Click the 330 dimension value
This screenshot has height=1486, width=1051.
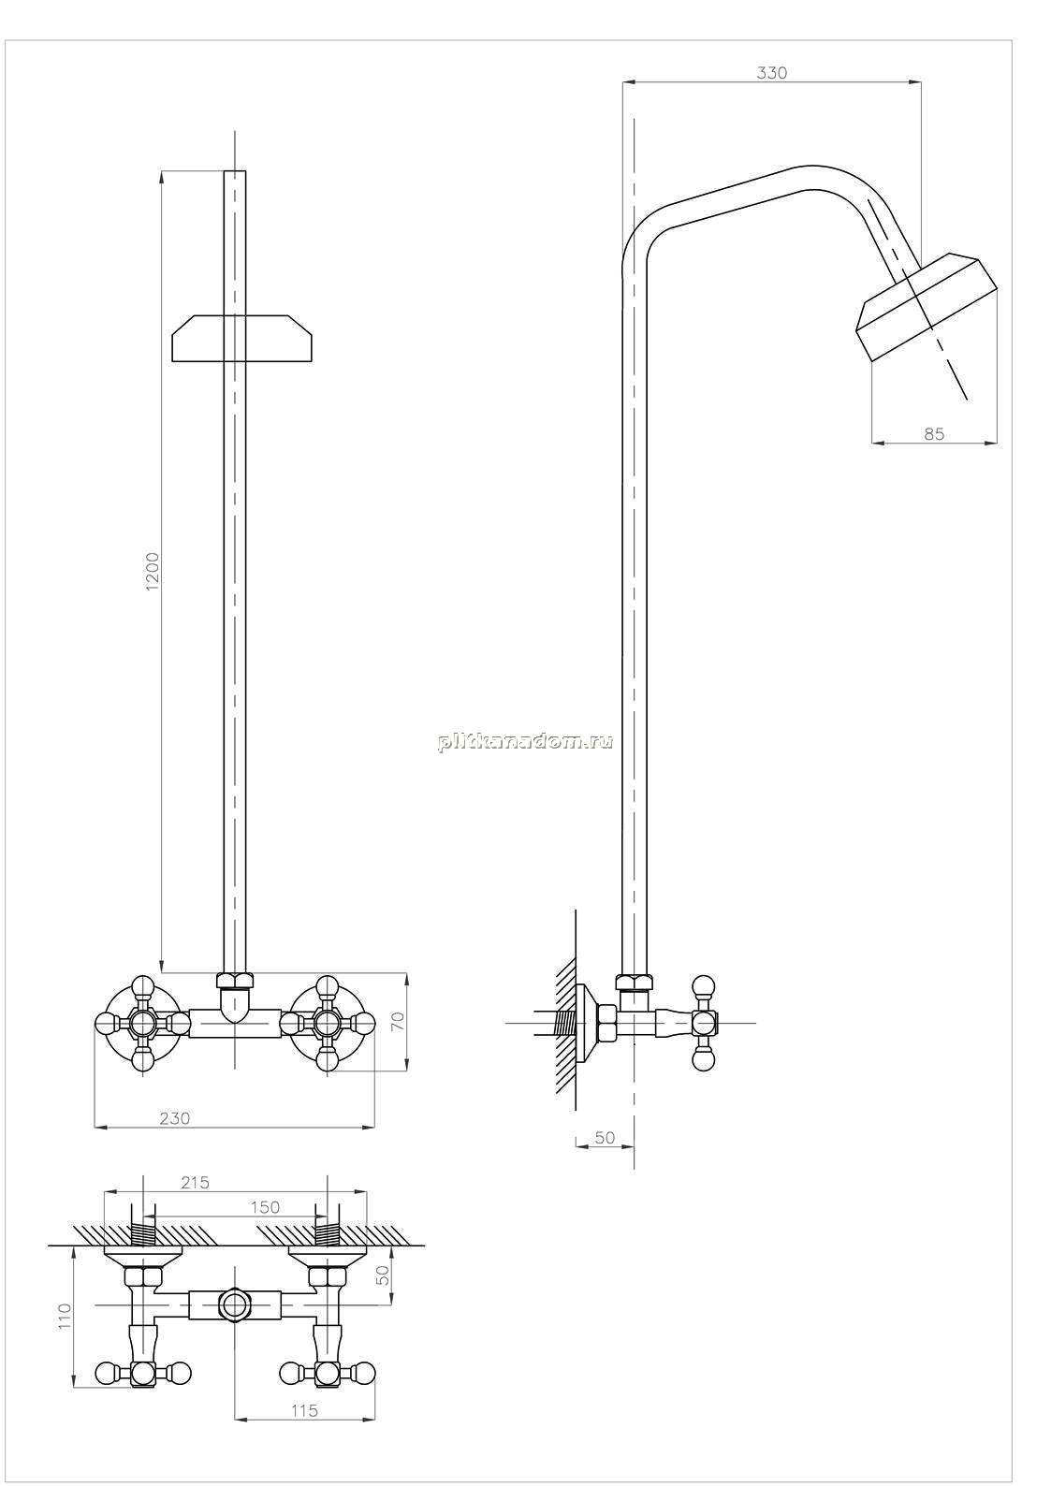[x=772, y=73]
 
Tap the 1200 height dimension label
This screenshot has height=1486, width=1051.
[x=153, y=570]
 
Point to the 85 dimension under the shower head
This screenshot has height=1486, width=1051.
[x=934, y=434]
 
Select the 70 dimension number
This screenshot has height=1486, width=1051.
[x=398, y=1021]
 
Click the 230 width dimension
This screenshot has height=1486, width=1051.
[x=174, y=1118]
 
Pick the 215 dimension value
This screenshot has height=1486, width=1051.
[x=195, y=1182]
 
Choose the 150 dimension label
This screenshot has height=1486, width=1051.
[x=266, y=1207]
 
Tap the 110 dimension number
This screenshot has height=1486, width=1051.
[x=64, y=1316]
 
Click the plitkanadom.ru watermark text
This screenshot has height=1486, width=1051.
[x=526, y=742]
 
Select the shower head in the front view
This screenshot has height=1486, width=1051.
[x=241, y=339]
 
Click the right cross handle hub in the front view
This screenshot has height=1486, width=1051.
[x=326, y=1024]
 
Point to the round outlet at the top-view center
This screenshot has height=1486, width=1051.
[x=235, y=1304]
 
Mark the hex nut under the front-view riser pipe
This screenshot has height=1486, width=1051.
[x=235, y=981]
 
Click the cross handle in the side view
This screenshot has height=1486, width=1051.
[x=704, y=1023]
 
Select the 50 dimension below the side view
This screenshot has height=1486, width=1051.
[x=605, y=1138]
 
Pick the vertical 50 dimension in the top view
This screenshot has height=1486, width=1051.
[x=383, y=1275]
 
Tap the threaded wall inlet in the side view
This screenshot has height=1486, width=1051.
[x=565, y=1023]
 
